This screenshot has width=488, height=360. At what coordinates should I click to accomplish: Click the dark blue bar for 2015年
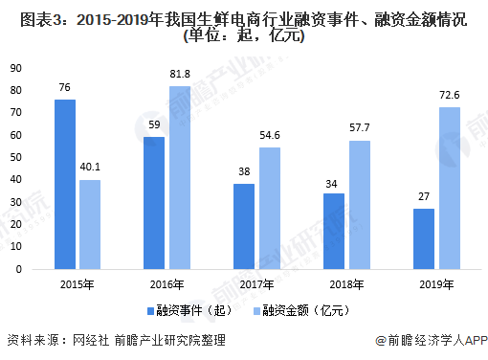[x=64, y=184]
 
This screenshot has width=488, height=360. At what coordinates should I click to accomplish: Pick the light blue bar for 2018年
[x=359, y=205]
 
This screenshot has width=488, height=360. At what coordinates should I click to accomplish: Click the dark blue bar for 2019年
[x=424, y=238]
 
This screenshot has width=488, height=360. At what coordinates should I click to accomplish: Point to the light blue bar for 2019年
[x=449, y=188]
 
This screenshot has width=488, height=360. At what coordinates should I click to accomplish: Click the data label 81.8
[x=179, y=74]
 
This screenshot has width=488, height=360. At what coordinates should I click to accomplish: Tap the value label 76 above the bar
[x=64, y=87]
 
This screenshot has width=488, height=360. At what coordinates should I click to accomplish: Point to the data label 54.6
[x=270, y=135]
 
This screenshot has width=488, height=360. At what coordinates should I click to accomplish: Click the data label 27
[x=424, y=196]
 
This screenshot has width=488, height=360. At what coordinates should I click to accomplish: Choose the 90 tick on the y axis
[x=16, y=68]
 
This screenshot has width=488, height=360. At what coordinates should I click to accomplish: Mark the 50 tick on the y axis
[x=16, y=157]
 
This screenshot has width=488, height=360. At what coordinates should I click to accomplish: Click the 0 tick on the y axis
[x=19, y=269]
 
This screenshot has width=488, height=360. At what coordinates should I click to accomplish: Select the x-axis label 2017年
[x=256, y=284]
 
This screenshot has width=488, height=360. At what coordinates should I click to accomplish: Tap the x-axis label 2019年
[x=436, y=284]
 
